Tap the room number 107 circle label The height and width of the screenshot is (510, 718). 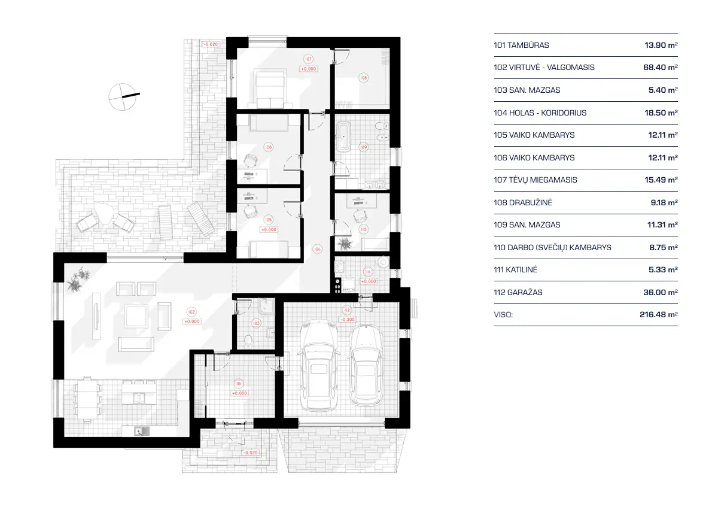click(x=308, y=59)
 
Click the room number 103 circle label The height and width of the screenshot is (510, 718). click(x=257, y=323)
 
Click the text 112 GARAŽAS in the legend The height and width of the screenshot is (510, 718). click(x=518, y=293)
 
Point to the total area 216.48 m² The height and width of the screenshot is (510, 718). click(x=658, y=315)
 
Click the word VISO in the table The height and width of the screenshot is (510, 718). click(x=503, y=315)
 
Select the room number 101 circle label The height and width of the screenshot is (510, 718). click(x=239, y=384)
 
